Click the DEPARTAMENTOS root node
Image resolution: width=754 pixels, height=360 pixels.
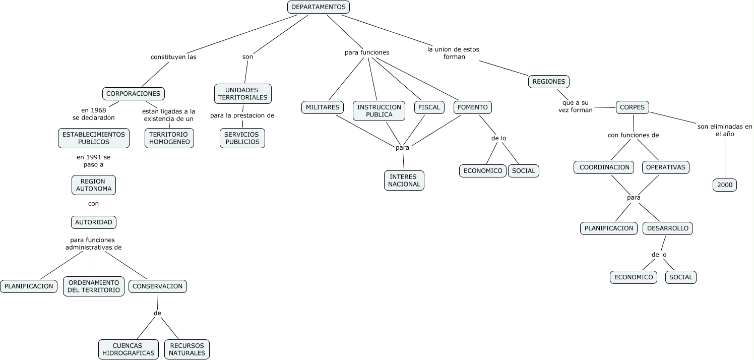(318, 7)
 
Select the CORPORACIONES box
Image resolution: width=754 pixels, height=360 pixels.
(133, 94)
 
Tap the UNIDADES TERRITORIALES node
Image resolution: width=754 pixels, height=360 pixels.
(242, 94)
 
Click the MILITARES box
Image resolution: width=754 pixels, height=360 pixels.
(323, 107)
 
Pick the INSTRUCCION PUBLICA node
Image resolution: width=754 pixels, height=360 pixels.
(379, 111)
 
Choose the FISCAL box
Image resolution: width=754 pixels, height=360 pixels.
(429, 107)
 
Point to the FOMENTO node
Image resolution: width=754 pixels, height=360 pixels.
(472, 107)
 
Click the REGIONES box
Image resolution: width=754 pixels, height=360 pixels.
(549, 82)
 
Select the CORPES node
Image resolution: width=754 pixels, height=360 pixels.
(632, 107)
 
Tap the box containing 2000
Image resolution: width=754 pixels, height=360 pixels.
(724, 185)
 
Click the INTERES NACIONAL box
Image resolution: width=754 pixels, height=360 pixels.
(404, 181)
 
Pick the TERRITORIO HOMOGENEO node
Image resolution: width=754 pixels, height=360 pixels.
(169, 138)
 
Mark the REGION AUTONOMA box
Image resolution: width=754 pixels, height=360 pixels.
(94, 185)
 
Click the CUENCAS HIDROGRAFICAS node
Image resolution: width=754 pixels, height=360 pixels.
(128, 349)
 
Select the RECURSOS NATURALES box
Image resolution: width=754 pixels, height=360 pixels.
(186, 349)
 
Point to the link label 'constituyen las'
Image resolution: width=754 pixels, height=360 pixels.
(173, 57)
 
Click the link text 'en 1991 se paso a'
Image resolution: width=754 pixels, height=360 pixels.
(93, 161)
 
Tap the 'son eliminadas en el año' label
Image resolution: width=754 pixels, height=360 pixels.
(724, 130)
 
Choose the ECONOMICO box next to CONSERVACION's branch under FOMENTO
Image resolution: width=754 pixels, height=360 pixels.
(482, 171)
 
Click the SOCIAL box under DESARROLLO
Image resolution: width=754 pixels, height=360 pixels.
(680, 277)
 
